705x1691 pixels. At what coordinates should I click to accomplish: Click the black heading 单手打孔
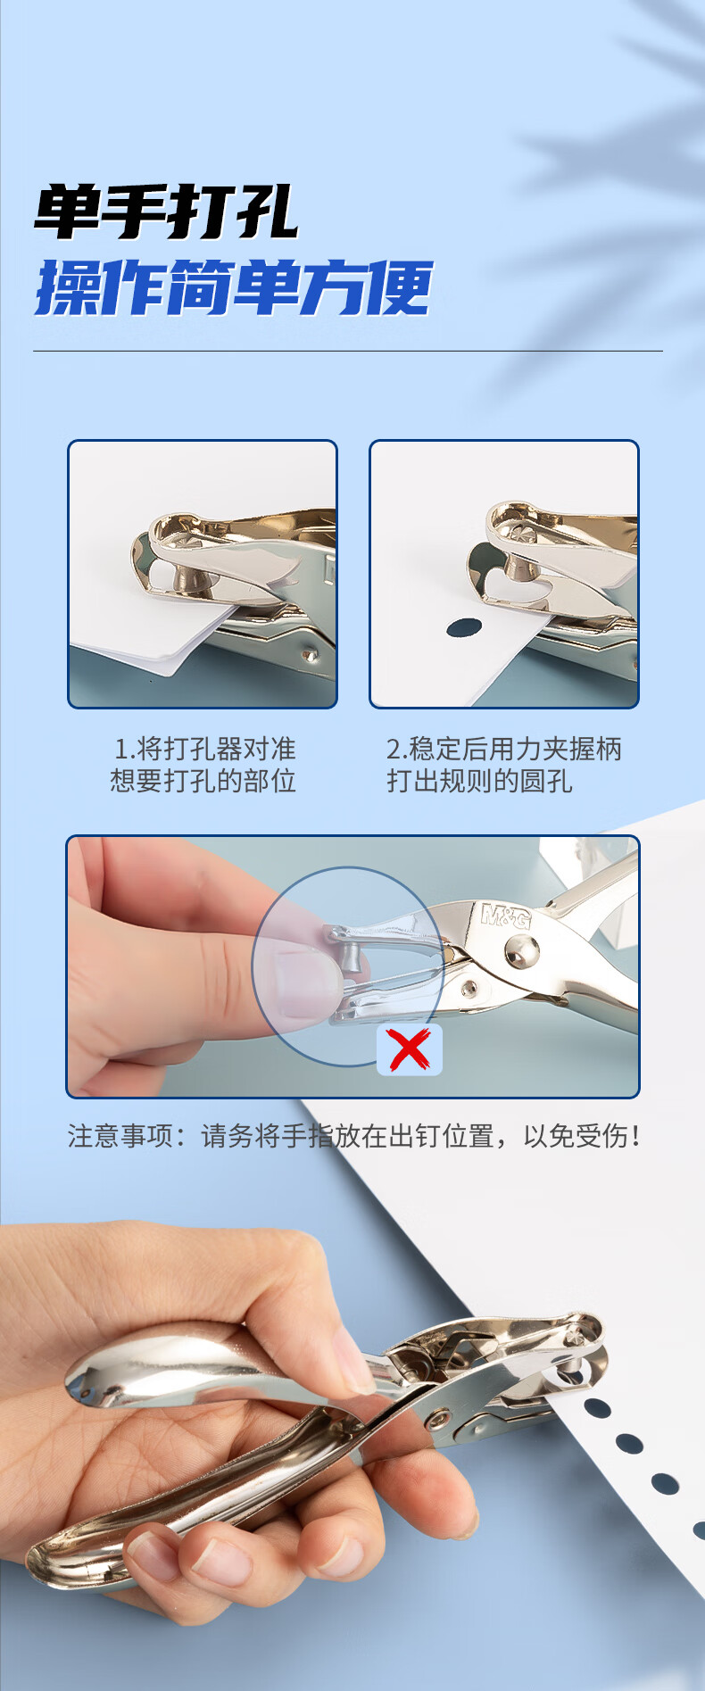pyautogui.click(x=165, y=212)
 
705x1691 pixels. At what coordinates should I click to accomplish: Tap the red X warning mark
pyautogui.click(x=410, y=1049)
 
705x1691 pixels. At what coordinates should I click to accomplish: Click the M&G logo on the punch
pyautogui.click(x=505, y=915)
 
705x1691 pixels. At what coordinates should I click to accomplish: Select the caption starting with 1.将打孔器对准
pyautogui.click(x=203, y=765)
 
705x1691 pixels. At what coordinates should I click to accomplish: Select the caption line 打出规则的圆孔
pyautogui.click(x=479, y=782)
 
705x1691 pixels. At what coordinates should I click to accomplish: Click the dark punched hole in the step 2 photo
pyautogui.click(x=464, y=627)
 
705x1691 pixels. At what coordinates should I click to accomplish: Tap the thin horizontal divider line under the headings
pyautogui.click(x=348, y=351)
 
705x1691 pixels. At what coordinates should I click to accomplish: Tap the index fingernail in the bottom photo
pyautogui.click(x=355, y=1370)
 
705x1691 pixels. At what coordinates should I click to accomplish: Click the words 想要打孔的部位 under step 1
pyautogui.click(x=203, y=782)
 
